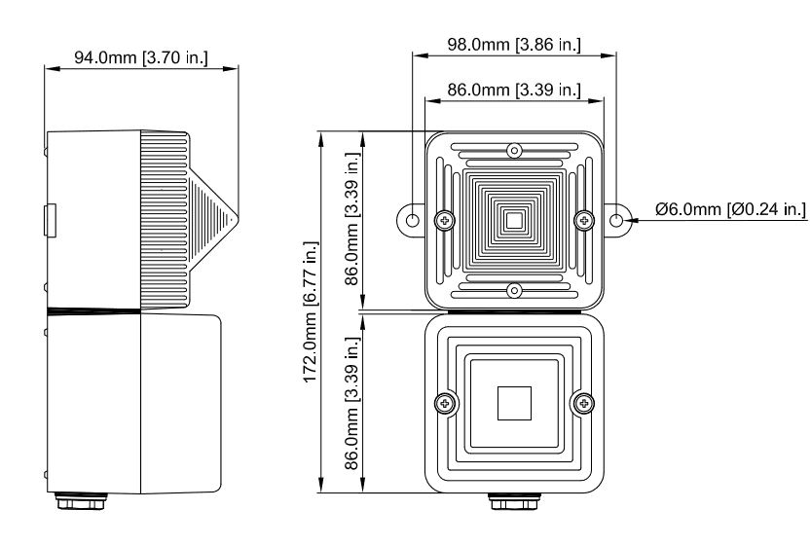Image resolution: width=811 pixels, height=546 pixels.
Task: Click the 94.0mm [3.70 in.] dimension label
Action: (x=140, y=57)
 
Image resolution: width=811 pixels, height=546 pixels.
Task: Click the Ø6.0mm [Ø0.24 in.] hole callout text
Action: (x=731, y=210)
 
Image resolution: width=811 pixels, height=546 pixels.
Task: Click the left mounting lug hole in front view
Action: (x=413, y=221)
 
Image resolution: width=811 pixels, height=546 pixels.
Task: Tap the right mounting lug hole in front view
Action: (x=616, y=221)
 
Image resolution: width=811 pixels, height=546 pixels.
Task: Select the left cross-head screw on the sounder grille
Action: (x=445, y=221)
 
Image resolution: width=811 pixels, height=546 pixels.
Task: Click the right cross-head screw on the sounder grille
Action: (x=584, y=221)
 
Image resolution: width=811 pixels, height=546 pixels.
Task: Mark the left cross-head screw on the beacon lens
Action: (x=445, y=401)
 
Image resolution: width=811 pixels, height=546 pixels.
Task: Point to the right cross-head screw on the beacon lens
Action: (x=584, y=401)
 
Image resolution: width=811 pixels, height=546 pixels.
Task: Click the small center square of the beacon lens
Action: (x=514, y=402)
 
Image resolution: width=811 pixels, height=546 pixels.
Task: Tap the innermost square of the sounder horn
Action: (x=514, y=221)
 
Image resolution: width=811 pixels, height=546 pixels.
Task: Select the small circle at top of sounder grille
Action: (x=514, y=150)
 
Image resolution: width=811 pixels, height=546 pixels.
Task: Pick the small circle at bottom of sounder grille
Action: (x=514, y=290)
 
